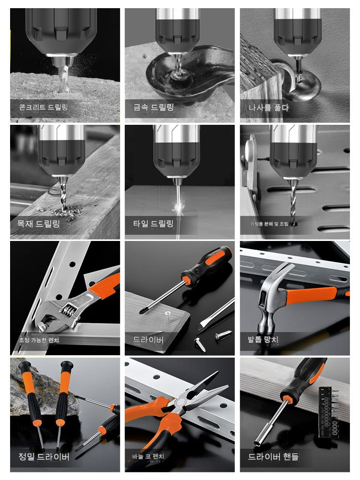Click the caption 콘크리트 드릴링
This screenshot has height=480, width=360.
[x=44, y=107]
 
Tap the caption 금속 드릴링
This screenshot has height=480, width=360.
[x=154, y=107]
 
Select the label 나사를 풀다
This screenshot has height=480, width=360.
[x=268, y=108]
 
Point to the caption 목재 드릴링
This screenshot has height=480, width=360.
[x=38, y=224]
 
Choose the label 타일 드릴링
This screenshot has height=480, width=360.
[x=154, y=224]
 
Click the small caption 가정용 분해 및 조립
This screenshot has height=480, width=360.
[x=269, y=224]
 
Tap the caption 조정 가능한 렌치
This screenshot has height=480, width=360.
[x=39, y=340]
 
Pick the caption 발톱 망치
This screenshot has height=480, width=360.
[x=263, y=339]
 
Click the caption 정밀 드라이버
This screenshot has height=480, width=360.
[x=44, y=457]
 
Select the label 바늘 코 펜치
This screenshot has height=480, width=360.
[x=148, y=456]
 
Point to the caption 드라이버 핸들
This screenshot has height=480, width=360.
[x=273, y=457]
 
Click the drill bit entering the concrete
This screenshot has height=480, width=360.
[x=64, y=76]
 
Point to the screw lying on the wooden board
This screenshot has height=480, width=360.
[x=168, y=317]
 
